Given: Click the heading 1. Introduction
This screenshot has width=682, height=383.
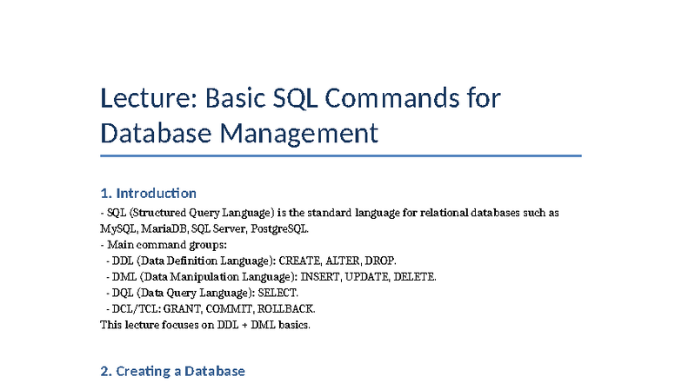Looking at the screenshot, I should [x=149, y=193].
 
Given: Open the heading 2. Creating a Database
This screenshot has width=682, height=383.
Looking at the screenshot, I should [x=173, y=371].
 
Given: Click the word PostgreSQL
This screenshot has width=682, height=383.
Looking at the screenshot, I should [x=279, y=229].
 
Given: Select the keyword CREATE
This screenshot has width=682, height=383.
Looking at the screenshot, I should [x=298, y=261].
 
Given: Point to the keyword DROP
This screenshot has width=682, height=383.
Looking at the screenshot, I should [x=380, y=261].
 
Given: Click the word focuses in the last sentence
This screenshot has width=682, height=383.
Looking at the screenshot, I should [x=177, y=325].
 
